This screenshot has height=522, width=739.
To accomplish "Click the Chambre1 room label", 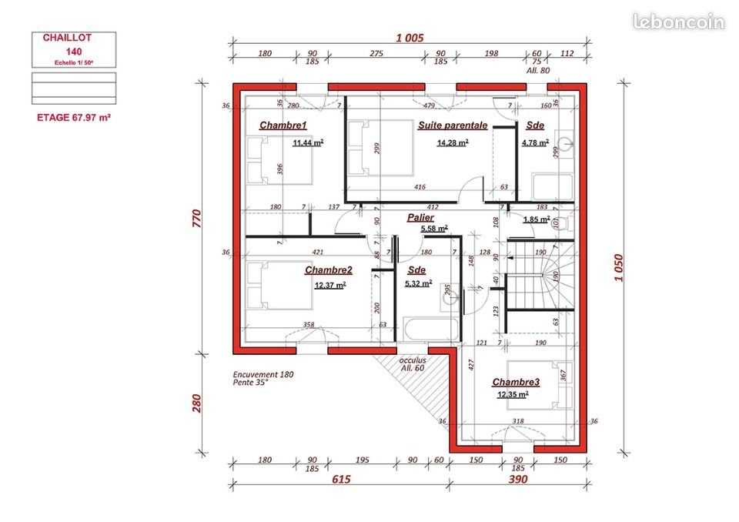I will tap(283, 125).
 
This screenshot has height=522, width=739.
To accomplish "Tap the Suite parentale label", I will tap(453, 125).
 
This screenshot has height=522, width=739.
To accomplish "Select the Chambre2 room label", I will tap(329, 270).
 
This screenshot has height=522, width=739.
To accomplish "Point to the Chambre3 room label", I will tap(516, 383).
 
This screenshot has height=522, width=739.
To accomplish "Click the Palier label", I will tap(420, 218).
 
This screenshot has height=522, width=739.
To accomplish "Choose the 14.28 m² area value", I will tap(453, 142).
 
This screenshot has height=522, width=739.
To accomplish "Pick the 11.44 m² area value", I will tap(308, 142).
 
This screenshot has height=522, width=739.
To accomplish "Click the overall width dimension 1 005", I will tap(410, 38).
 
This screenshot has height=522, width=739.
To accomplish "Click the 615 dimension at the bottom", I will tap(341, 480).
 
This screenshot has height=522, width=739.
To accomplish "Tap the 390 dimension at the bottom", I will tap(518, 480).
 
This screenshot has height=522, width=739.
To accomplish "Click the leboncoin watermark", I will tap(678, 22).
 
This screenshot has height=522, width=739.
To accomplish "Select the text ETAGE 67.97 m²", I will tap(75, 118).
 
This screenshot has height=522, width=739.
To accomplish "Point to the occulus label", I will tap(413, 360).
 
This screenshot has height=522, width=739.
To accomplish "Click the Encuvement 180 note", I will tap(263, 375).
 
